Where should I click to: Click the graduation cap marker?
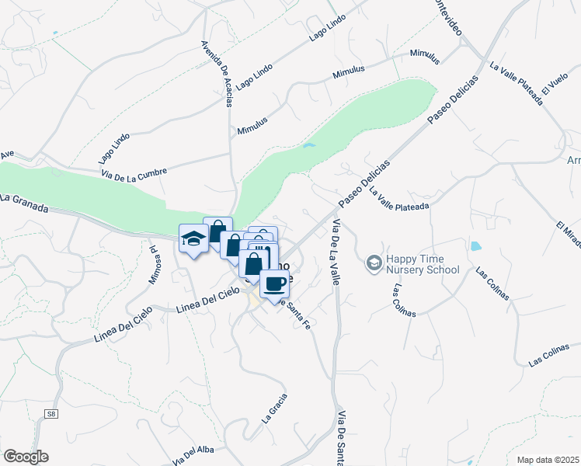pos(193,238)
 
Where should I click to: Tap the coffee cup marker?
pos(274,284)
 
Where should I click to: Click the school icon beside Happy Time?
pos(374,264)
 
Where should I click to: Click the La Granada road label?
pos(24,203)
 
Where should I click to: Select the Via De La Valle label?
pos(336,252)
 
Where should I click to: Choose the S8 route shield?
pos(51,415)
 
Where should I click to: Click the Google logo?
pos(26,457)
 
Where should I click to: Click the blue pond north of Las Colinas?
pos(475,248)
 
